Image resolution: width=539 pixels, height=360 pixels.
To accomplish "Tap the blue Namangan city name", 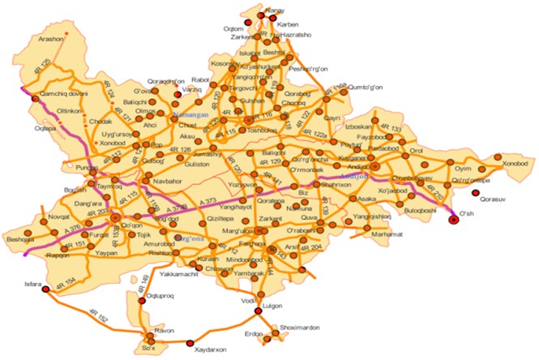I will [192, 116].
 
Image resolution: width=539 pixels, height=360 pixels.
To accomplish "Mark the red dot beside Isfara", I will [45, 289].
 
